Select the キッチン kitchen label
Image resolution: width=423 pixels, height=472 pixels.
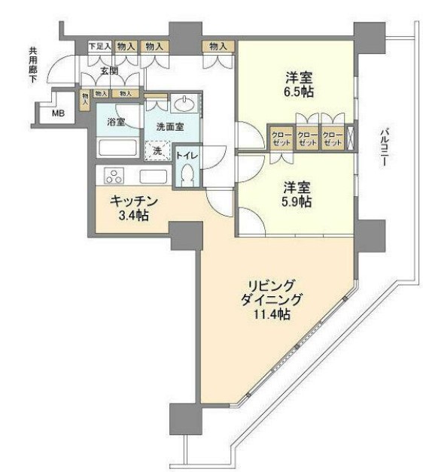click(133, 201)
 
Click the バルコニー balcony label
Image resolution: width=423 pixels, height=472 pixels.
click(383, 147)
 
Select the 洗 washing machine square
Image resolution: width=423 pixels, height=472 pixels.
click(158, 151)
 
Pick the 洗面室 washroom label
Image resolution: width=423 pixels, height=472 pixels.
click(169, 127)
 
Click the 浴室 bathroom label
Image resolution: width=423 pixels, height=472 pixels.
click(116, 122)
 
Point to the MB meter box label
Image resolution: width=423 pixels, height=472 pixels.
click(58, 114)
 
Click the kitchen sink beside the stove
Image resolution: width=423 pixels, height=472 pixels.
click(153, 177)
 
